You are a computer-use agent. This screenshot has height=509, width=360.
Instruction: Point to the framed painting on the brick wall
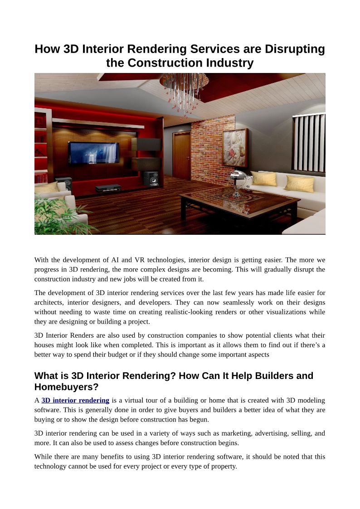pyautogui.click(x=235, y=148)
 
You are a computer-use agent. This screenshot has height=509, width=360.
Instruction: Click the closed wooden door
pyautogui.click(x=181, y=155)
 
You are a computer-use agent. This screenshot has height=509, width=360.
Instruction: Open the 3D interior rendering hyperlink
pyautogui.click(x=75, y=400)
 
